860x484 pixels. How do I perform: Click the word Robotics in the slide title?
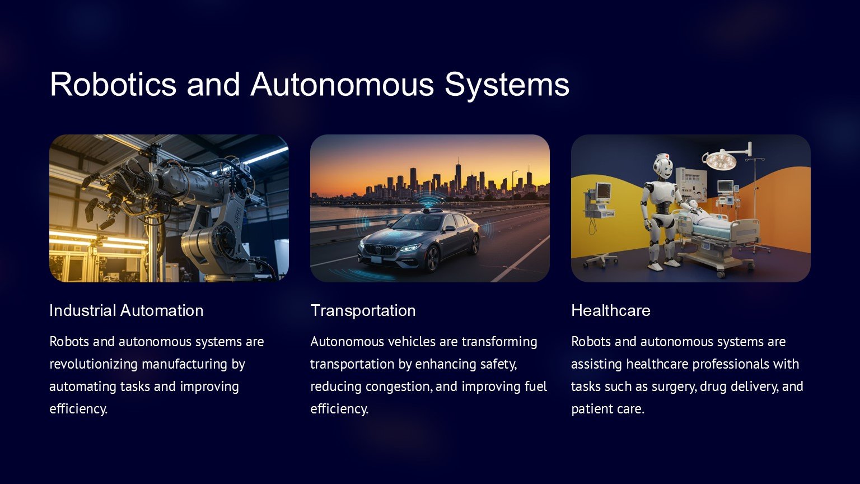pyautogui.click(x=113, y=84)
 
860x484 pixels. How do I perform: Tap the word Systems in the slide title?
pyautogui.click(x=507, y=85)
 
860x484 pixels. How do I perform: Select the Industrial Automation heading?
pyautogui.click(x=127, y=310)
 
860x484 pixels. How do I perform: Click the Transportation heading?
pyautogui.click(x=363, y=310)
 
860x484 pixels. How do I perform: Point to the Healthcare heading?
pyautogui.click(x=611, y=310)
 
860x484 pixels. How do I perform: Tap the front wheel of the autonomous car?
pyautogui.click(x=433, y=259)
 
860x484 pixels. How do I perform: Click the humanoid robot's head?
pyautogui.click(x=663, y=166)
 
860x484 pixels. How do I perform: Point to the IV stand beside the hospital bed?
pyautogui.click(x=755, y=203)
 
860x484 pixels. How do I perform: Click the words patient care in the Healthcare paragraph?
pyautogui.click(x=607, y=409)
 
